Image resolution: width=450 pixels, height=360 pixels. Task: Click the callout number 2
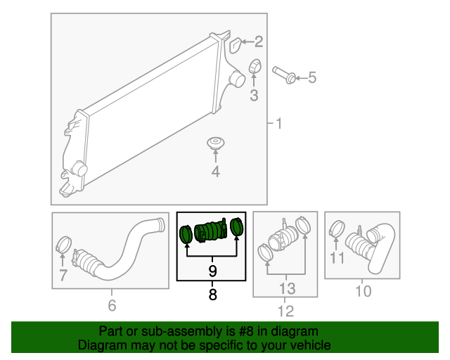pos(259,42)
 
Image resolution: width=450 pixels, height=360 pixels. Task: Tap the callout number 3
pos(254,96)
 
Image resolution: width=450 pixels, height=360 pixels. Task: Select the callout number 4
pos(216,172)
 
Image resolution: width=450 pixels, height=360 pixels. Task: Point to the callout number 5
pos(312,77)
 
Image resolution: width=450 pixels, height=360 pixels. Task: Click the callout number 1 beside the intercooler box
pos(278,124)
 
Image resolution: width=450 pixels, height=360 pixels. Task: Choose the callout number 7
pos(63,275)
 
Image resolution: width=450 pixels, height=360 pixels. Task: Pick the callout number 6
pos(112,305)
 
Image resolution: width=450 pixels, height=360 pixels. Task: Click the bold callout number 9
pos(212,271)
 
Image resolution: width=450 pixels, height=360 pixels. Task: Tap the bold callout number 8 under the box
pos(212,295)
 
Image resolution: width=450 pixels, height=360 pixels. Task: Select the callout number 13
pos(287,288)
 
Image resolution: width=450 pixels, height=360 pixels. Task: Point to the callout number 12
pos(286,311)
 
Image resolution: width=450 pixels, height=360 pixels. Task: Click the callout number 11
pos(337,258)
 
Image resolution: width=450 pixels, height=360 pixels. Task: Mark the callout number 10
pos(364,291)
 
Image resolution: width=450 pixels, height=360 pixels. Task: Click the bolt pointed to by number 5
pos(284,75)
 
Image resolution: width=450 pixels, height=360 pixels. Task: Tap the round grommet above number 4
pos(216,143)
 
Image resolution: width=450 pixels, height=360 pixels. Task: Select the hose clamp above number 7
pos(63,244)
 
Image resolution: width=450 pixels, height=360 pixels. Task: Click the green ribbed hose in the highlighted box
pos(210,231)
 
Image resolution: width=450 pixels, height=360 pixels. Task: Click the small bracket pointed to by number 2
pos(236,45)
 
